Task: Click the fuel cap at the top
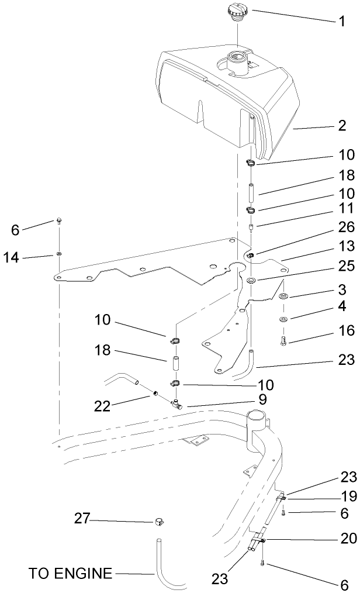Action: [238, 12]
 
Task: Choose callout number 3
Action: [341, 290]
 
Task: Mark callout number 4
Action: [341, 306]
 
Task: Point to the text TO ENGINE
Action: [70, 573]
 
